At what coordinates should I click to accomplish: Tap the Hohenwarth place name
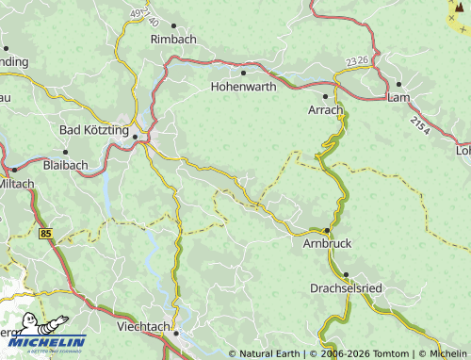click(x=243, y=86)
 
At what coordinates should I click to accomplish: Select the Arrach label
click(x=326, y=110)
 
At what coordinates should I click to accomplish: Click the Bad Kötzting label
click(x=96, y=129)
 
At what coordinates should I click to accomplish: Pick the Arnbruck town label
click(x=328, y=243)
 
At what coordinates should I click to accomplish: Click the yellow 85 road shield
click(x=46, y=232)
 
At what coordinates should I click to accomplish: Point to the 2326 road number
click(x=357, y=60)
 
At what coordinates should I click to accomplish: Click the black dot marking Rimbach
click(x=172, y=25)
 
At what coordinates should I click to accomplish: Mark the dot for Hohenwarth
click(x=243, y=72)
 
